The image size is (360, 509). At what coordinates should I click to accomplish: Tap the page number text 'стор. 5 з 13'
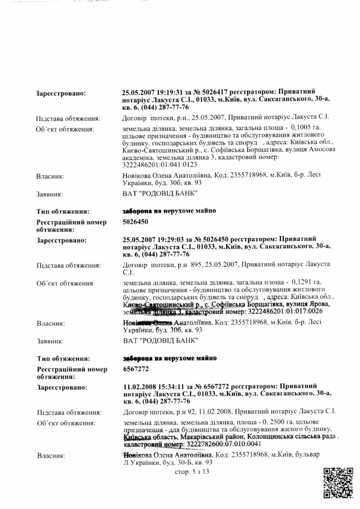(x=192, y=472)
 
